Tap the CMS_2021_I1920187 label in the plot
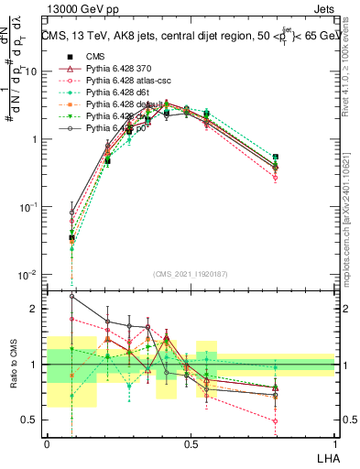pyautogui.click(x=190, y=274)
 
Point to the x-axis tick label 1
pyautogui.click(x=333, y=443)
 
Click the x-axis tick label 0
pyautogui.click(x=47, y=443)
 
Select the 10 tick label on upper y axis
pyautogui.click(x=31, y=71)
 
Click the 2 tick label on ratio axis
pyautogui.click(x=35, y=309)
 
